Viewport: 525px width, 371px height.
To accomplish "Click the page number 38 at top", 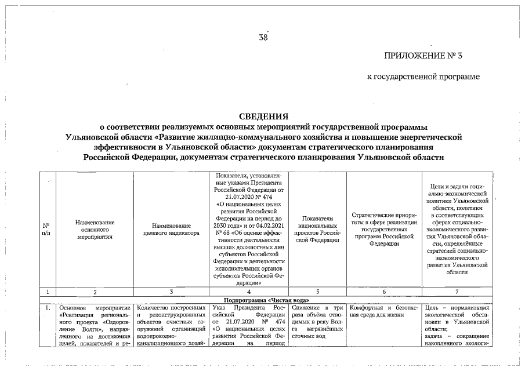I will (263, 38).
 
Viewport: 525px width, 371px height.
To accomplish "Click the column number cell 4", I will (248, 293).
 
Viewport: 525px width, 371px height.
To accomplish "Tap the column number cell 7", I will (457, 293).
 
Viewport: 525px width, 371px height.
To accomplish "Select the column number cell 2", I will (95, 293).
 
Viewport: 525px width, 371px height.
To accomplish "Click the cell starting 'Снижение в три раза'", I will (317, 321).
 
